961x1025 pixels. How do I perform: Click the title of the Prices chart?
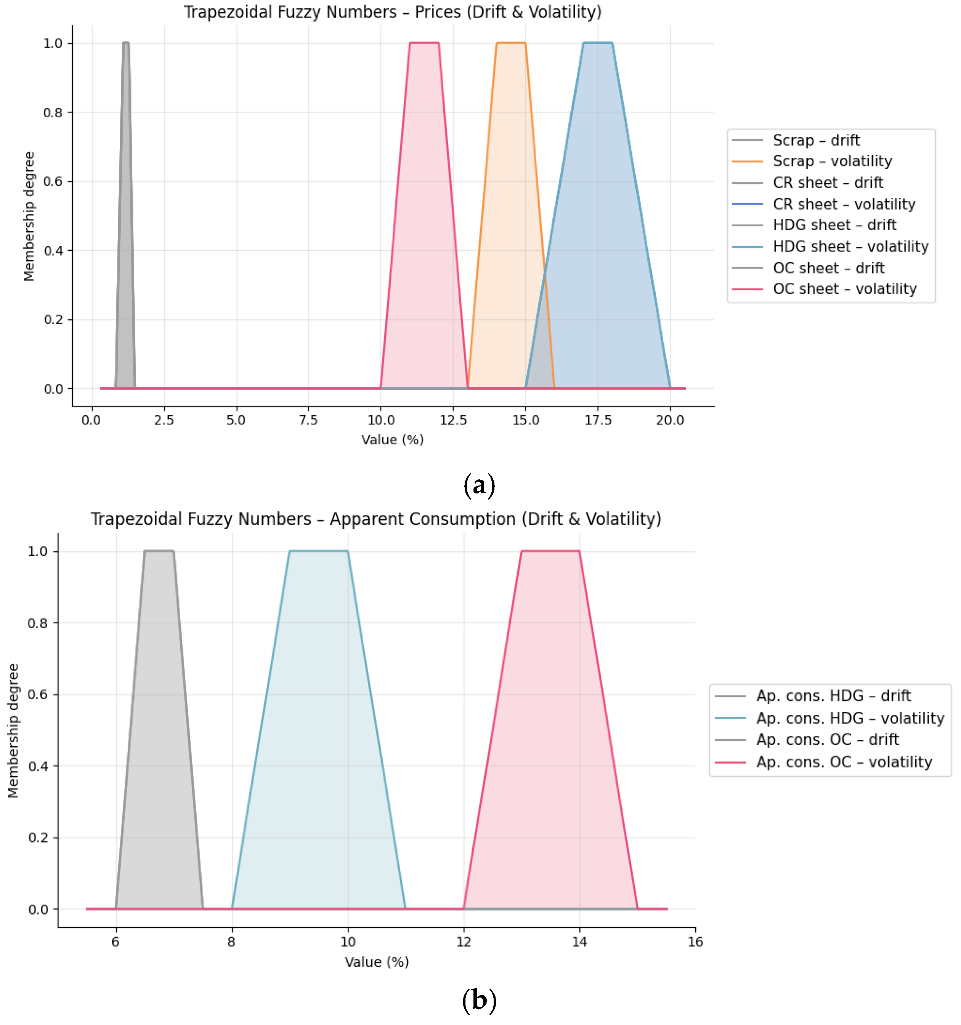pos(393,12)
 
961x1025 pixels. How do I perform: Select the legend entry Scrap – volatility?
pos(831,162)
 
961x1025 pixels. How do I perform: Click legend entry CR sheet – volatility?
pos(843,204)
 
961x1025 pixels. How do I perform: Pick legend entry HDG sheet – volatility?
pos(850,247)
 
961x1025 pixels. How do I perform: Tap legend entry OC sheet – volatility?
pos(844,289)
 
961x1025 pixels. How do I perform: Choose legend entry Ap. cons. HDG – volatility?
pos(850,718)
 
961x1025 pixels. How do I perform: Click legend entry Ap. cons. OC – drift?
pos(827,740)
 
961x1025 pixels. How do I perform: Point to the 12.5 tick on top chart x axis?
pos(453,420)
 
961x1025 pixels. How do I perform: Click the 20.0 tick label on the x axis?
pos(669,420)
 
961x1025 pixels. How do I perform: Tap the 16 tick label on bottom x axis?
pos(695,942)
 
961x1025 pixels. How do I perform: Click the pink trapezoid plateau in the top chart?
pos(424,43)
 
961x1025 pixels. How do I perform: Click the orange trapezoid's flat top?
pos(511,43)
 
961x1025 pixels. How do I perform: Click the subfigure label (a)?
pos(479,485)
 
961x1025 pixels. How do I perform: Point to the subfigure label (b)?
pos(479,1000)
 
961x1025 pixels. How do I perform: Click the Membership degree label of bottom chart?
pos(13,730)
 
